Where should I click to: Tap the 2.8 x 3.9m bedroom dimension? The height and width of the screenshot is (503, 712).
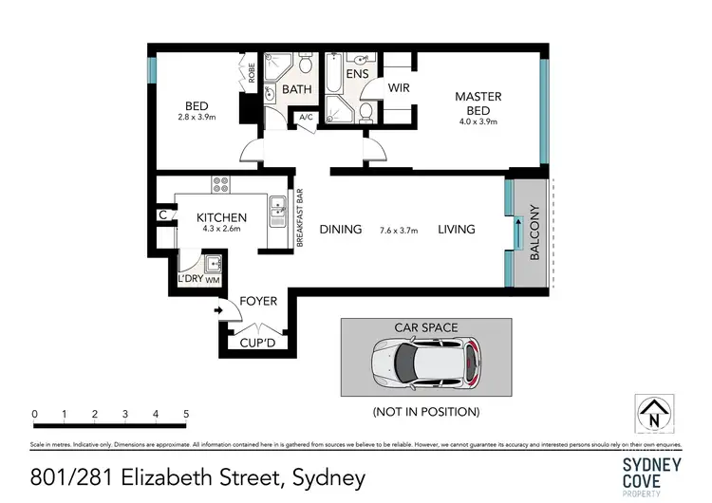point(197,118)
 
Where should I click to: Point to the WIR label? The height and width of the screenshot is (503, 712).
point(399,88)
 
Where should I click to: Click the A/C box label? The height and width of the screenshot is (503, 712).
point(306,118)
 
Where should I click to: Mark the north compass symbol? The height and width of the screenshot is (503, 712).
point(653,414)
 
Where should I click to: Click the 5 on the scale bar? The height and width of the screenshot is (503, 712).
point(186,415)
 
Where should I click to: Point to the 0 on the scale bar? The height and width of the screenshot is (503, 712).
point(34,415)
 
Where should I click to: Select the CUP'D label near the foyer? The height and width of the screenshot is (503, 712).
point(257,343)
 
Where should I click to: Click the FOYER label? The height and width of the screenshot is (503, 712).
point(257,302)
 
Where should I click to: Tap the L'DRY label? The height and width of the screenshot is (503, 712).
point(187,280)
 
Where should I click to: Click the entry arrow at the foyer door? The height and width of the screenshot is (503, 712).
point(219,309)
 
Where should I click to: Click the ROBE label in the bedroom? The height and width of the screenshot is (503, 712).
point(252,72)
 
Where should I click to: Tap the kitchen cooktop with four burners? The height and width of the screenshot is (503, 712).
point(220,184)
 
